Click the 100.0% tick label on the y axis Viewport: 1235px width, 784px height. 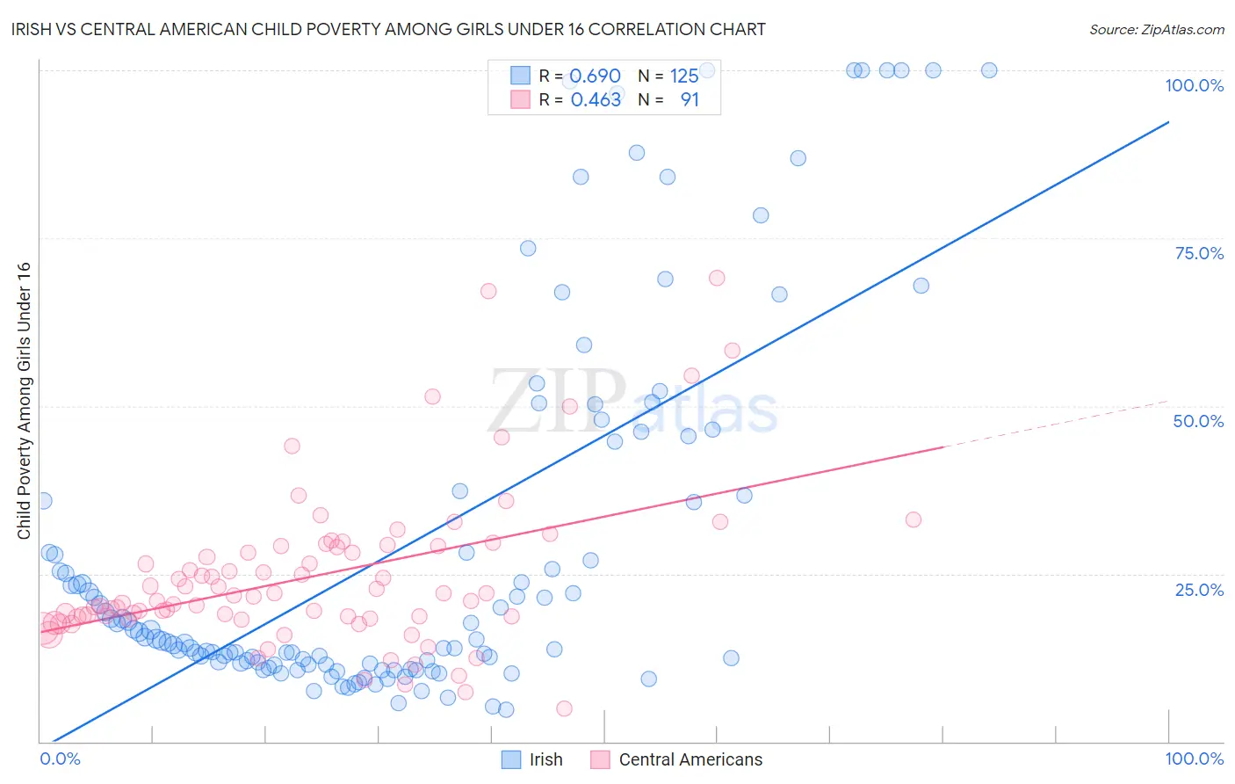coord(1194,85)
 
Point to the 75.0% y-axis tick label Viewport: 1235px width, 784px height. coord(1199,253)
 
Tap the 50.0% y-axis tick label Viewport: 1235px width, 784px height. coord(1198,421)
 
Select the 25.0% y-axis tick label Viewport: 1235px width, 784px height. coord(1199,590)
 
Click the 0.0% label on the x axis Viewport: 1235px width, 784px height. coord(60,759)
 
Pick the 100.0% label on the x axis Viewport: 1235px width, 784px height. coord(1194,759)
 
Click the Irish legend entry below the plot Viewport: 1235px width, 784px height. coord(545,759)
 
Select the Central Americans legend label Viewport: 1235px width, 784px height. coord(690,759)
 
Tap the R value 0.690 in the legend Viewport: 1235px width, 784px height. coord(596,76)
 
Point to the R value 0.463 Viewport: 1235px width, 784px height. coord(596,100)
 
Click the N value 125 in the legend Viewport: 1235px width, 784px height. coord(684,76)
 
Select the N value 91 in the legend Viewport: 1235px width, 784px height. coord(690,100)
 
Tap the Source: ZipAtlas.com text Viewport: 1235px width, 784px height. coord(1156,30)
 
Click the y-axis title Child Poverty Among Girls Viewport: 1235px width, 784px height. coord(24,401)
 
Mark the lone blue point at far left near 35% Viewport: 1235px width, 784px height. coord(43,501)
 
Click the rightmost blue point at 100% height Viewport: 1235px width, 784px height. coord(989,70)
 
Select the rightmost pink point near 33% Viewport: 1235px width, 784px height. coord(914,519)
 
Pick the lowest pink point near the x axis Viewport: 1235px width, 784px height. coord(564,708)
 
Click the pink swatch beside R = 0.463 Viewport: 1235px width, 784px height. coord(521,100)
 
